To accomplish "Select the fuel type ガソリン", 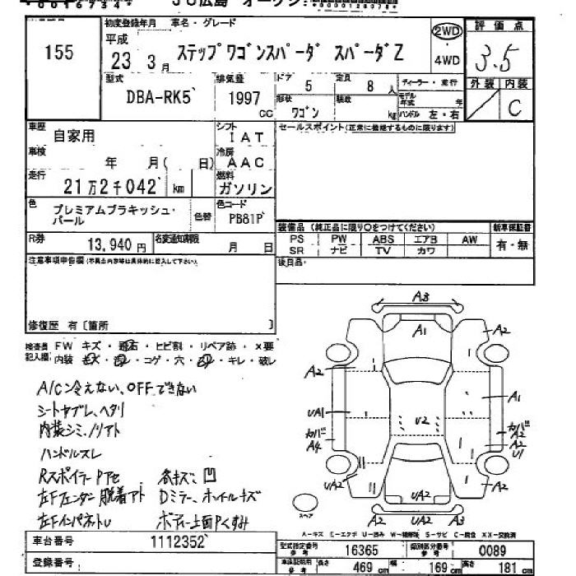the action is tap(248, 188).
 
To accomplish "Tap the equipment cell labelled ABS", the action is tap(383, 239).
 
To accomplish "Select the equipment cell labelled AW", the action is tap(470, 239).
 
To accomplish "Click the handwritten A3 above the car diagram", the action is tap(421, 298).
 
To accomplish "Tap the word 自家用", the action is tap(74, 135).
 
